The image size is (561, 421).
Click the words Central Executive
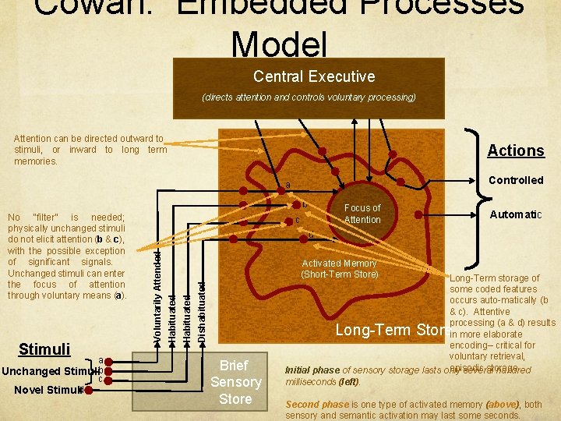coord(314,76)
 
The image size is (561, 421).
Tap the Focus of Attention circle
coord(362,214)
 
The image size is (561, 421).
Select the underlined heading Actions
coord(515,150)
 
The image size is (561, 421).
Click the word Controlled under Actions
coord(515,180)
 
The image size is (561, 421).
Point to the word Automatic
coord(515,214)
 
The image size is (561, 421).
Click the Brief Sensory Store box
coord(235,382)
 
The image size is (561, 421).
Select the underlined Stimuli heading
coord(44,348)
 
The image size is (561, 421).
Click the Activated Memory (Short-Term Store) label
coord(339,269)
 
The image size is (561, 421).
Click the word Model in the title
coord(280,44)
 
